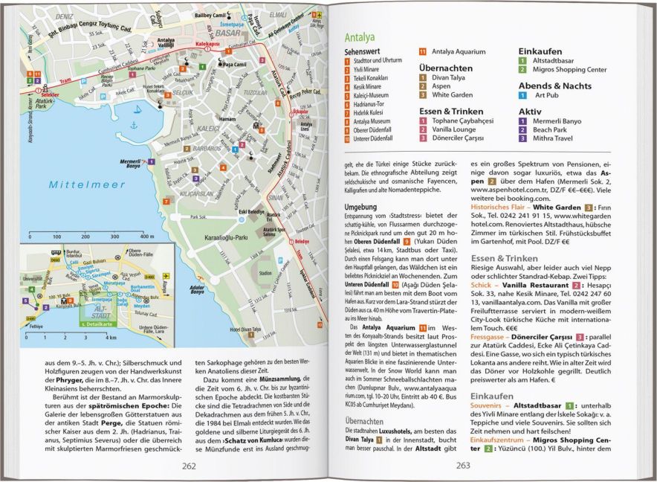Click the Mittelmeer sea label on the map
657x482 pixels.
(77, 184)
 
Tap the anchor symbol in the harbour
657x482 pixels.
(134, 125)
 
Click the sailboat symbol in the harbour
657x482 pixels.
(137, 109)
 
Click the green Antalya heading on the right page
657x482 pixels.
(360, 36)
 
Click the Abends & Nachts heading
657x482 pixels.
(556, 85)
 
